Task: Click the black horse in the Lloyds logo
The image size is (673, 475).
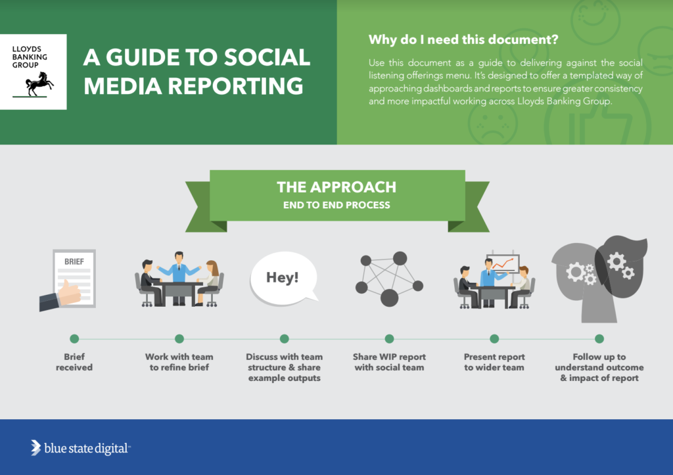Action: click(x=40, y=83)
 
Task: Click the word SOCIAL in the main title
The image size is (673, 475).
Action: click(x=267, y=58)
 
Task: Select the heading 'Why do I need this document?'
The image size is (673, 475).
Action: click(x=463, y=40)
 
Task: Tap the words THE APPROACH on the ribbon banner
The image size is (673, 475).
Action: click(x=336, y=187)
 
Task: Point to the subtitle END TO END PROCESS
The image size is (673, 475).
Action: click(x=336, y=205)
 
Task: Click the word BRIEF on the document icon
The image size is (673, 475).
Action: click(x=74, y=261)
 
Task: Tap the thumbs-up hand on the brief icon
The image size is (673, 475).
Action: click(x=68, y=293)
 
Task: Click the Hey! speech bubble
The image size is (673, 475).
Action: click(x=284, y=279)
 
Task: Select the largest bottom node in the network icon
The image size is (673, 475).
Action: click(x=389, y=298)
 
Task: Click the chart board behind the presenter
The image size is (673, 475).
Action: click(x=503, y=263)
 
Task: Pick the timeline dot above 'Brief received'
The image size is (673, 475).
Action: click(x=74, y=339)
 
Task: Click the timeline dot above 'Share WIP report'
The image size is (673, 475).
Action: click(x=389, y=339)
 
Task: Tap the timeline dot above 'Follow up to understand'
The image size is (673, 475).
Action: click(x=599, y=339)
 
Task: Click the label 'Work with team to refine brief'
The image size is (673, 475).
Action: click(x=179, y=362)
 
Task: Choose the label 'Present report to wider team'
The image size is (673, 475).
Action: click(x=494, y=362)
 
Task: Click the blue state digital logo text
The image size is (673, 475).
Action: click(x=86, y=449)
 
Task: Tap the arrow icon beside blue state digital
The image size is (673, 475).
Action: click(x=35, y=447)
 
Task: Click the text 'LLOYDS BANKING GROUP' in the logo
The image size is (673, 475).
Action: click(x=30, y=57)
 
